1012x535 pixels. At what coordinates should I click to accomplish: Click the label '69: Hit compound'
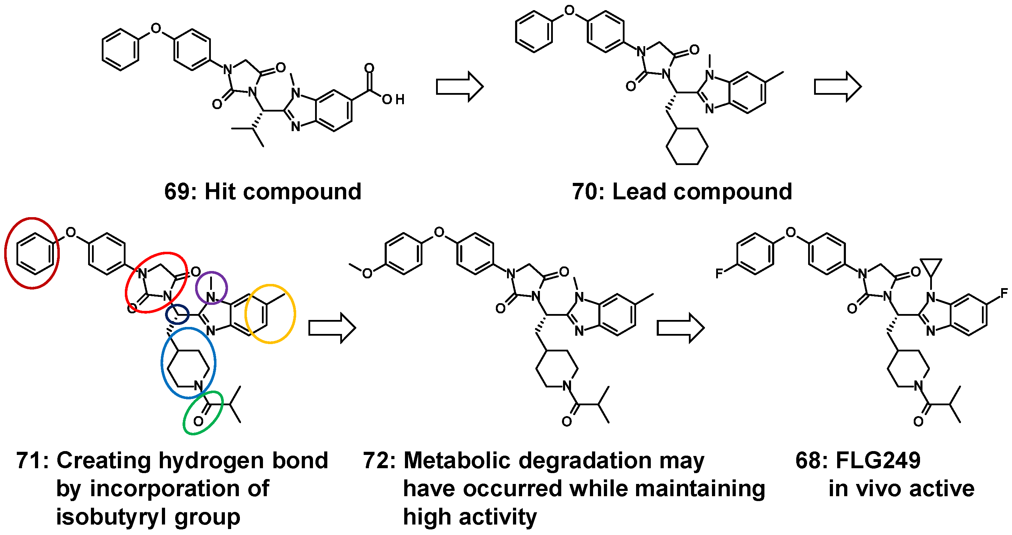pos(262,192)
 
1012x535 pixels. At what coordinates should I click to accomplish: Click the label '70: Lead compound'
pos(682,192)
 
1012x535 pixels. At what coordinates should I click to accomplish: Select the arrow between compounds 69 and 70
pos(459,86)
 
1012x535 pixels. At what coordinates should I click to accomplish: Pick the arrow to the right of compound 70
pos(837,86)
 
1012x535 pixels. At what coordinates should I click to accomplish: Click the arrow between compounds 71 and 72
pos(332,328)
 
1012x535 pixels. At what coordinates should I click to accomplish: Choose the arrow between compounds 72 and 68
pos(680,328)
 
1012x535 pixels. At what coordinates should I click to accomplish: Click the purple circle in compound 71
pos(211,287)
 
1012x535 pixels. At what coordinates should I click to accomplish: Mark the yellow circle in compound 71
pos(270,314)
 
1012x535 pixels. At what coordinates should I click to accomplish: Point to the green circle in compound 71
pos(203,413)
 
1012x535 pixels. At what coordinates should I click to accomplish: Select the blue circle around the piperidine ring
pos(188,363)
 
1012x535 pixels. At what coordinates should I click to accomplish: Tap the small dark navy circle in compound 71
pos(178,314)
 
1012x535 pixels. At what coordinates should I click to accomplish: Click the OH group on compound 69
pos(393,99)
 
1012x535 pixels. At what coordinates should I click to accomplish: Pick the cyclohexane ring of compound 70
pos(687,146)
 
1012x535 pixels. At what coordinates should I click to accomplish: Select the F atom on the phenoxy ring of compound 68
pos(719,273)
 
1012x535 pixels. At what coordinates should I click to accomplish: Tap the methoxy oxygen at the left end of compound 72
pos(367,273)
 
